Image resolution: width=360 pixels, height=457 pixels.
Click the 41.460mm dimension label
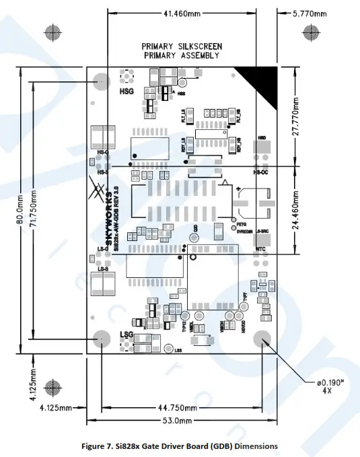[186, 13]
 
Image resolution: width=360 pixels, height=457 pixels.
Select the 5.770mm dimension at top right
[310, 13]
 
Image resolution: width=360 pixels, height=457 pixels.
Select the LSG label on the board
[127, 335]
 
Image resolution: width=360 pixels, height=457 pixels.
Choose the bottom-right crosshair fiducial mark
[312, 387]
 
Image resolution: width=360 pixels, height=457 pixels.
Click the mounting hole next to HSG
[102, 82]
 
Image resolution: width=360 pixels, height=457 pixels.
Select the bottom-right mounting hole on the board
[262, 341]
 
